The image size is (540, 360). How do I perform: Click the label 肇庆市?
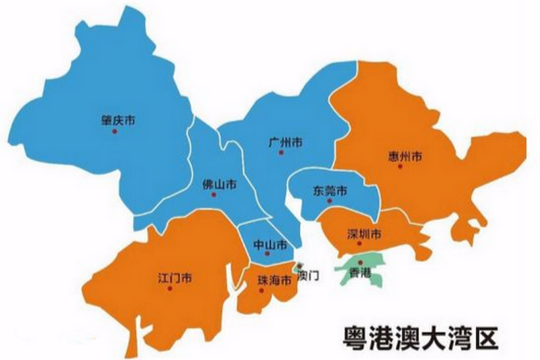click(121, 119)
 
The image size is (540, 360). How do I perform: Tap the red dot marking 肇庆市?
click(114, 131)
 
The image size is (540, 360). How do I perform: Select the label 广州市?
click(285, 142)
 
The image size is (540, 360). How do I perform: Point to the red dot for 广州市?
click(282, 154)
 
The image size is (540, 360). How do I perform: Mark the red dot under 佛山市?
click(213, 194)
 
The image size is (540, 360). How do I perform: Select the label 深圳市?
click(365, 234)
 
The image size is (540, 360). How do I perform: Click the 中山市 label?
click(270, 245)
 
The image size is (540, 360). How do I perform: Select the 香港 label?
click(360, 271)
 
